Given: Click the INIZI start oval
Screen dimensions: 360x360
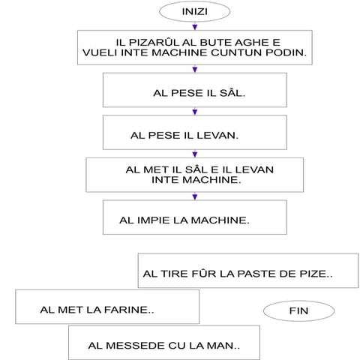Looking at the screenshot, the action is point(194,11).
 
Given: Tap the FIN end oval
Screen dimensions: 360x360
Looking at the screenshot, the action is point(298,310).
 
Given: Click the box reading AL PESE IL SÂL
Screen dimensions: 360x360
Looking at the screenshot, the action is point(195,90).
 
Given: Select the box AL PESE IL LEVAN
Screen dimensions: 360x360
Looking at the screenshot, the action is point(195,133).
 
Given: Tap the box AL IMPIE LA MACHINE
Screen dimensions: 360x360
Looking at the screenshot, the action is point(195,217).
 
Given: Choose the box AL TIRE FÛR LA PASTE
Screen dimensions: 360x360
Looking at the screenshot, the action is point(248,271).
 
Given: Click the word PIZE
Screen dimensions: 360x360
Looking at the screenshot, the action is point(313,274).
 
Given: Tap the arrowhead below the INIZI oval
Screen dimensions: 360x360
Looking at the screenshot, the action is point(195,27).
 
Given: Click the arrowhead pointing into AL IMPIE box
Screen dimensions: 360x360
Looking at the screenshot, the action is point(195,196).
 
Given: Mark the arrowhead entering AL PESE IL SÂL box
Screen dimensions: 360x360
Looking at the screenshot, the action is point(195,69).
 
